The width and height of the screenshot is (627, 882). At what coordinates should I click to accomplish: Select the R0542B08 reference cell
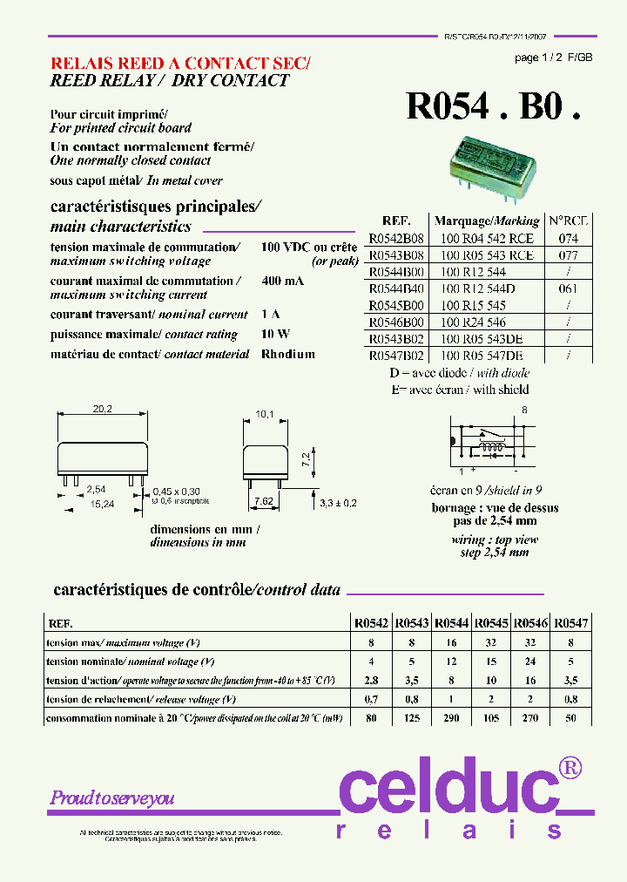396,238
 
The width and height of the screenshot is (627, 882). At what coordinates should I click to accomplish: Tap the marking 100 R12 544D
477,288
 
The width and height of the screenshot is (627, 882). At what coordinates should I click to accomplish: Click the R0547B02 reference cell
396,356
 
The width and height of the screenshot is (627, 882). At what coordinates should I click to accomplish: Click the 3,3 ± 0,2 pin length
340,503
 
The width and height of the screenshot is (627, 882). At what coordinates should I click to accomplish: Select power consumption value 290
452,718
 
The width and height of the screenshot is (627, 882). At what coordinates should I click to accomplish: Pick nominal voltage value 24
531,661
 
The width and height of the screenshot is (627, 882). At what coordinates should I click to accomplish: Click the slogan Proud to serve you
112,797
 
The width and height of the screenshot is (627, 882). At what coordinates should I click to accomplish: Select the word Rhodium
288,355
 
